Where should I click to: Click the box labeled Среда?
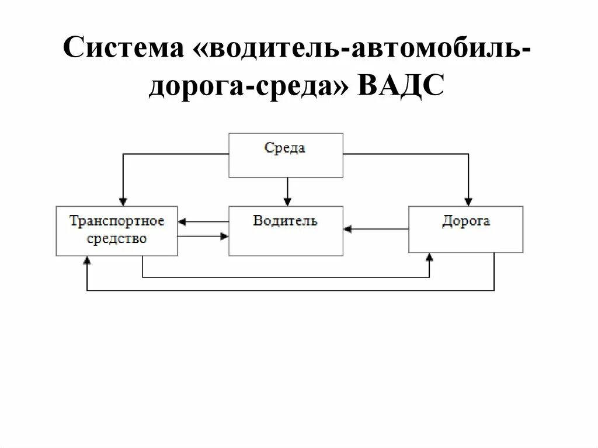(286, 155)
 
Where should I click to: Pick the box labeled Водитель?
(286, 231)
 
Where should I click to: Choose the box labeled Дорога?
(465, 229)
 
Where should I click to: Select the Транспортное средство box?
(117, 231)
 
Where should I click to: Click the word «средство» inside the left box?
(117, 239)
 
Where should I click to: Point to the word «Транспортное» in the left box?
(117, 221)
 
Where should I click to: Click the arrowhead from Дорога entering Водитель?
(348, 229)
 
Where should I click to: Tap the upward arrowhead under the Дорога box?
(430, 257)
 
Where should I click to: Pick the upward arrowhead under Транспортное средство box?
(87, 261)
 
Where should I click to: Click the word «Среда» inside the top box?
(285, 148)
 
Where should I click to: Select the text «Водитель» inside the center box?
(285, 221)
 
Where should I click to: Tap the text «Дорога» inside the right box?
(465, 221)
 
